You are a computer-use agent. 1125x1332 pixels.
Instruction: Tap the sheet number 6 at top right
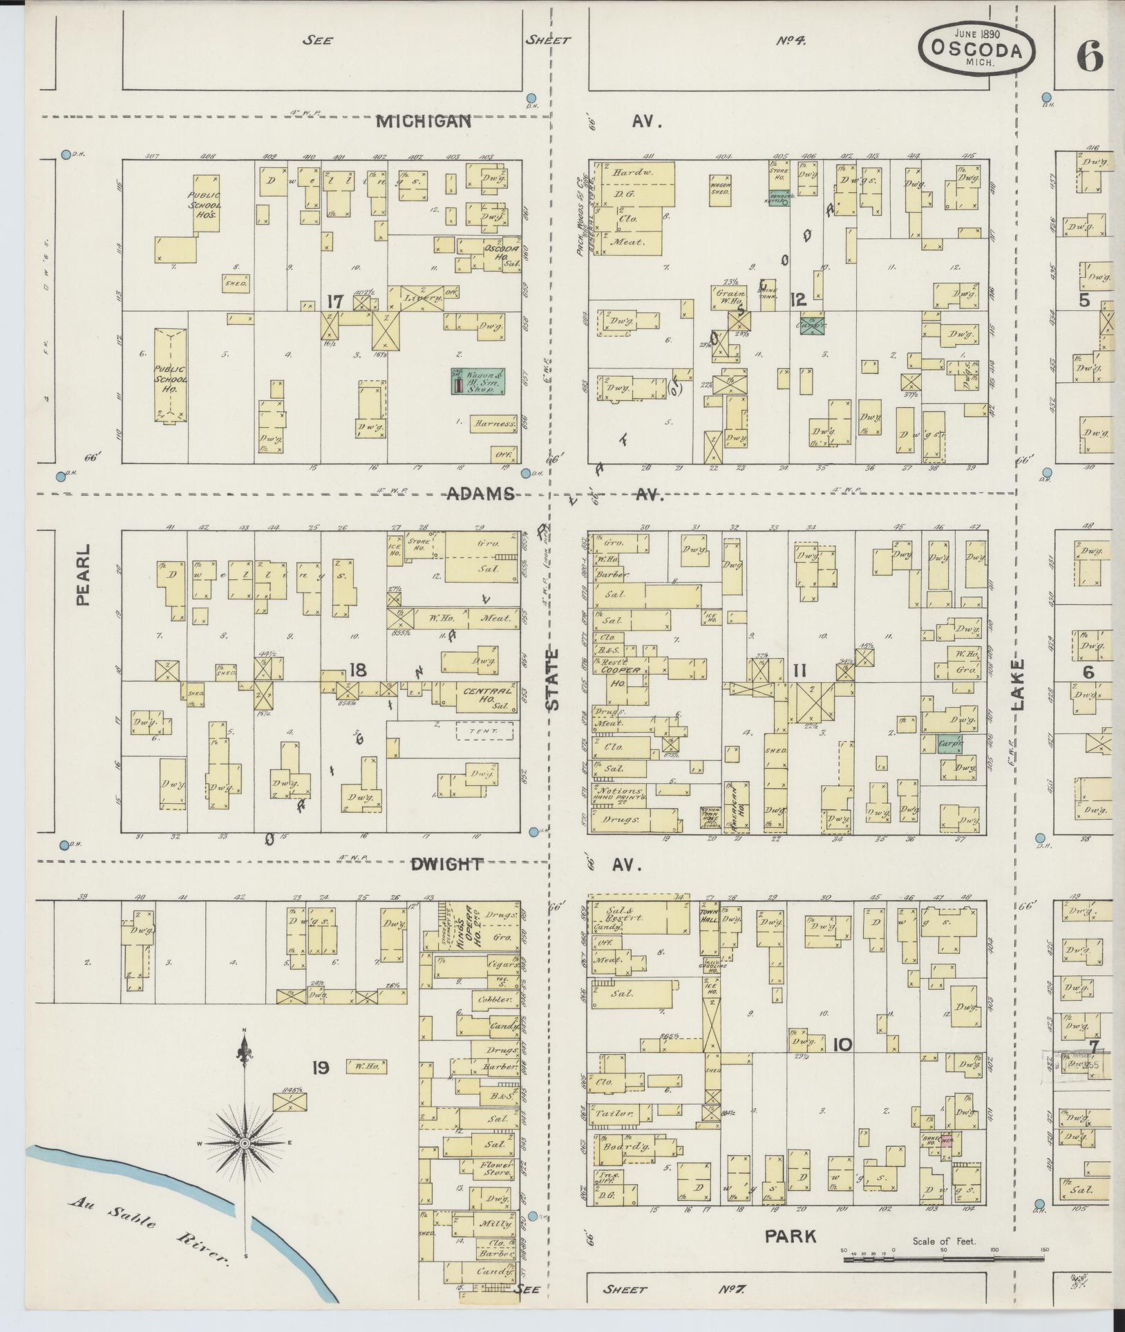tap(1089, 57)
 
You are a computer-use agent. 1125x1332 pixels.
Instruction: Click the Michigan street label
tap(424, 122)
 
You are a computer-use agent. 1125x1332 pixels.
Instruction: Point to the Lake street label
tap(1018, 684)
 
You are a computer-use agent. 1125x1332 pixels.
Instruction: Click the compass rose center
tap(244, 1144)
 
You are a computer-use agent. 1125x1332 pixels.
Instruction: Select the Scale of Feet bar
tap(943, 1259)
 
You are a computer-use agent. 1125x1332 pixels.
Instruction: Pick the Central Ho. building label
tap(487, 691)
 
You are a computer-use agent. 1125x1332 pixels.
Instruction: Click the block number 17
tap(335, 301)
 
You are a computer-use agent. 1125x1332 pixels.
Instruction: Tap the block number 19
tap(319, 1068)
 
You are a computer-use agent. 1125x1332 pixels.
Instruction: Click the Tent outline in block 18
tap(484, 731)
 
